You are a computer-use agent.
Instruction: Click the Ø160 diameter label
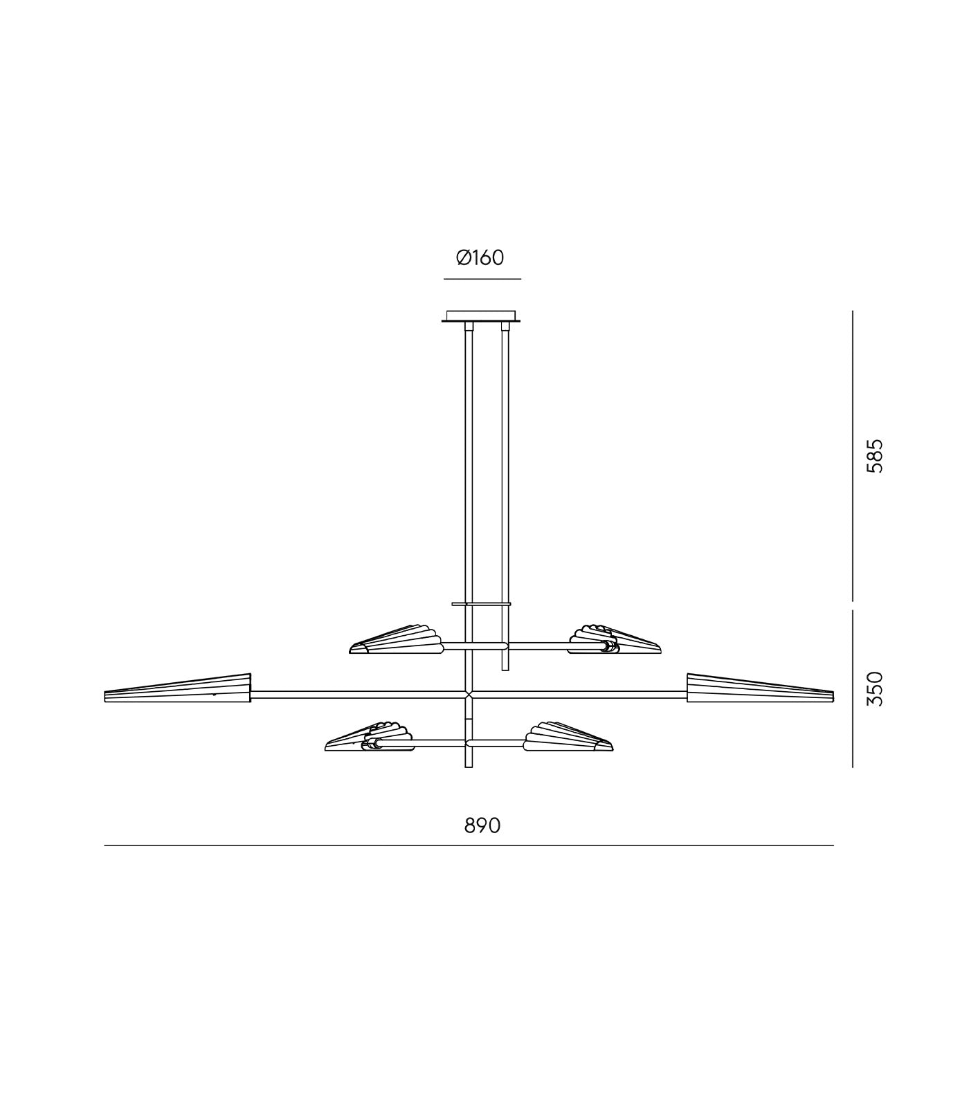click(x=480, y=258)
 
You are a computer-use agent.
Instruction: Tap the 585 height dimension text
click(x=876, y=455)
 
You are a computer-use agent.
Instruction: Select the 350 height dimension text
click(x=876, y=688)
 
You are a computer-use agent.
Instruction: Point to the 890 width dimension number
click(x=482, y=825)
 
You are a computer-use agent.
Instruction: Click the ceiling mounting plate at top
click(x=481, y=316)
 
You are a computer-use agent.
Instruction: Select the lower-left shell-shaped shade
click(x=370, y=738)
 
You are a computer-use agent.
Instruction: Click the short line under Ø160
click(x=482, y=279)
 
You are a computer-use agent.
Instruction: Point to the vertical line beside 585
click(x=853, y=455)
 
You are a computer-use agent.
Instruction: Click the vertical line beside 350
click(x=853, y=688)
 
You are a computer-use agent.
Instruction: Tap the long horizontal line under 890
click(x=469, y=845)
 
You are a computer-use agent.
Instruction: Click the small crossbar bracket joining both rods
click(x=482, y=604)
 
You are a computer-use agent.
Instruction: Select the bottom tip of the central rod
click(x=469, y=765)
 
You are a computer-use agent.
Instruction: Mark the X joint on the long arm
click(x=469, y=693)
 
